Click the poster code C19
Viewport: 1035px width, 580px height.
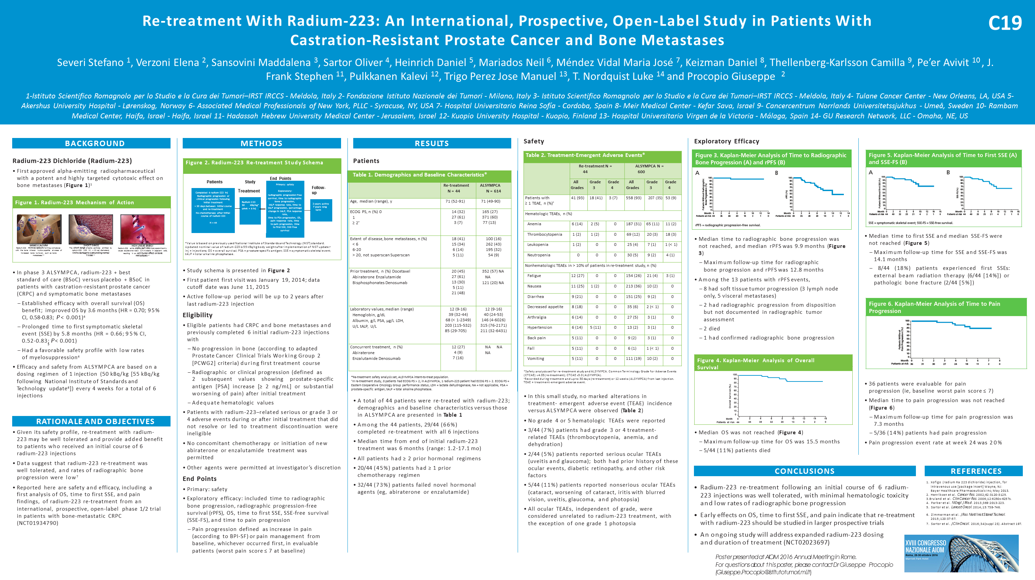point(1005,23)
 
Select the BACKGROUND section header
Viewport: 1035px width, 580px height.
point(95,143)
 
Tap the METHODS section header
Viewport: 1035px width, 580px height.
point(262,143)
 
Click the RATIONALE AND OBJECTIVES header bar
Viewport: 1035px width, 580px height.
point(95,421)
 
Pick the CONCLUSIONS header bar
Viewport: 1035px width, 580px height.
point(804,471)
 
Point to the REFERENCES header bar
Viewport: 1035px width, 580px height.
point(976,471)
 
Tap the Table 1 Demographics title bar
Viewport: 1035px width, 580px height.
point(420,175)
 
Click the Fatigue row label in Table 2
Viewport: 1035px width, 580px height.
point(534,276)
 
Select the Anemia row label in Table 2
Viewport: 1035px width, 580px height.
point(534,224)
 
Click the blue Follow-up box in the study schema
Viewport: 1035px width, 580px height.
point(321,210)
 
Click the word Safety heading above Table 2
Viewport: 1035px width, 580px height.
point(534,141)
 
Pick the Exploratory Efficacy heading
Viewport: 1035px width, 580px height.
point(726,141)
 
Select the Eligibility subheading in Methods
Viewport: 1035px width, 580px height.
point(197,315)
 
